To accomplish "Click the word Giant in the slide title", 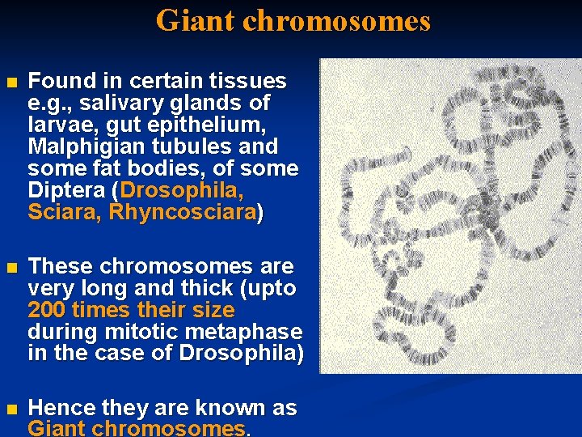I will (x=196, y=20).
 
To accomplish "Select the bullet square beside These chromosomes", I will (x=10, y=268).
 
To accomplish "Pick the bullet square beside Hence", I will (x=10, y=409).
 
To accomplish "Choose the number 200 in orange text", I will (x=46, y=311).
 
